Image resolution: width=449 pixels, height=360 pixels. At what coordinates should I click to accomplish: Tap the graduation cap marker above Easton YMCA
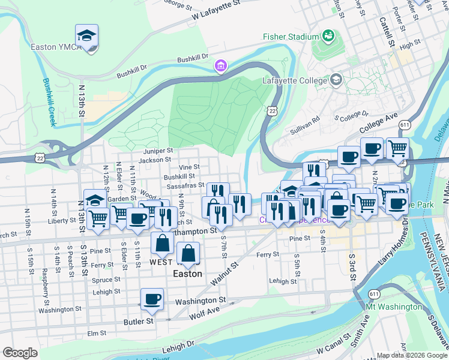tap(86, 37)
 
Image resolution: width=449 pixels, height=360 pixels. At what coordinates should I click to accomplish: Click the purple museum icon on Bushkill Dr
tap(221, 65)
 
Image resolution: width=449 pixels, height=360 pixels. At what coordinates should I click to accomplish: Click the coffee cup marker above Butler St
tap(152, 299)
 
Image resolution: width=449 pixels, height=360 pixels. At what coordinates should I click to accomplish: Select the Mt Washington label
tap(394, 307)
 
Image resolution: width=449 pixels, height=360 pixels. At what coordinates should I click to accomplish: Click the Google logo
tap(20, 353)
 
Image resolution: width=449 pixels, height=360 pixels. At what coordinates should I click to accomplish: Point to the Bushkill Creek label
tap(48, 102)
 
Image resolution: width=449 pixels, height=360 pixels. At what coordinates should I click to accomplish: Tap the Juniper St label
tap(158, 151)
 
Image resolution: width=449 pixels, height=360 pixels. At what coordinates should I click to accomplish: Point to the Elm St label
tap(97, 332)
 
